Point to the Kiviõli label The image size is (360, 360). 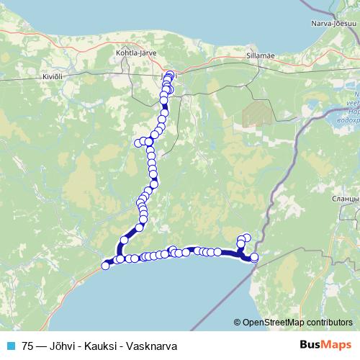[34, 75]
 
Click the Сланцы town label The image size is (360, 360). [342, 198]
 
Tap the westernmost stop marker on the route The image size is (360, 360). [106, 266]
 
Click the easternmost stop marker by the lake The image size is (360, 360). [253, 257]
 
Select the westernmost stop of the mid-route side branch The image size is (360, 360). [138, 143]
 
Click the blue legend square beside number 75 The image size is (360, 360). [10, 346]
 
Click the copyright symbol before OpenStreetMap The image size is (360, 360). [238, 323]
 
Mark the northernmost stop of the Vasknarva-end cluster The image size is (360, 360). [247, 238]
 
